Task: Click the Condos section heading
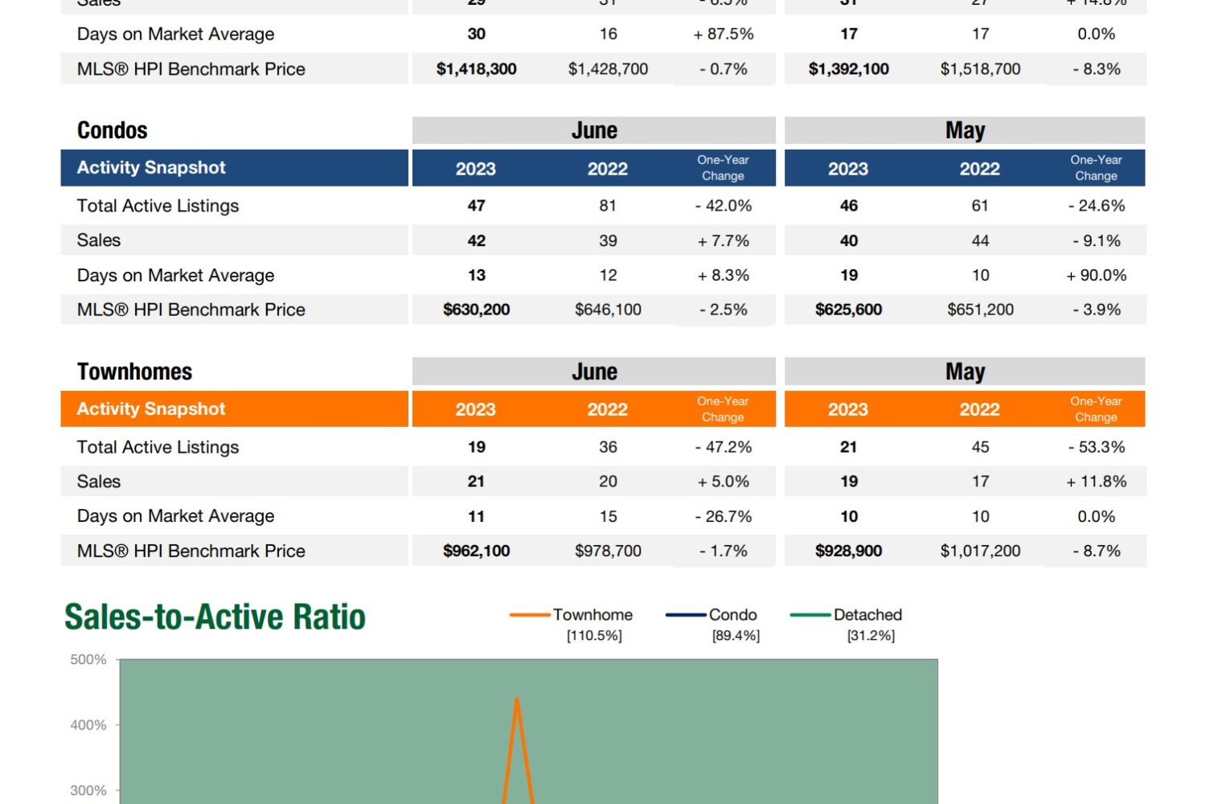coord(113,130)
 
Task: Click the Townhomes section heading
coord(134,371)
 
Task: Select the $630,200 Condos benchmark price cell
coord(476,310)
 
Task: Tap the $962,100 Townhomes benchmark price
coord(476,551)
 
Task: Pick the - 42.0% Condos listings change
coord(723,206)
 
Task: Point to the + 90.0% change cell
coord(1096,275)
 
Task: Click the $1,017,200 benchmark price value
coord(980,551)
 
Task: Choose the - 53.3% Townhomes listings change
coord(1096,447)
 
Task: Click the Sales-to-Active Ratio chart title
coord(215,617)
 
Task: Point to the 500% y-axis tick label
coord(88,659)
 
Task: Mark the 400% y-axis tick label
coord(88,725)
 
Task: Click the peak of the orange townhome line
coord(517,699)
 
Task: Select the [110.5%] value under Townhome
coord(594,636)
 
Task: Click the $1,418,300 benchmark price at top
coord(476,69)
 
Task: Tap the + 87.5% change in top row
coord(723,34)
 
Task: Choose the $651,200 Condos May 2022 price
coord(980,310)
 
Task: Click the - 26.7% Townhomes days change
coord(723,516)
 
